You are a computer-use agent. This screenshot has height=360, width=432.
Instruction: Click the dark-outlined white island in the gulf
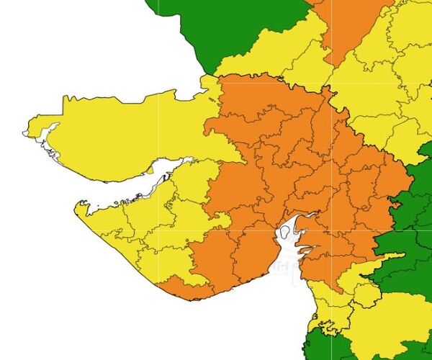coord(289,232)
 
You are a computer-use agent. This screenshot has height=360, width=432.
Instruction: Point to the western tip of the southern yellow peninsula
coord(76,206)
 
